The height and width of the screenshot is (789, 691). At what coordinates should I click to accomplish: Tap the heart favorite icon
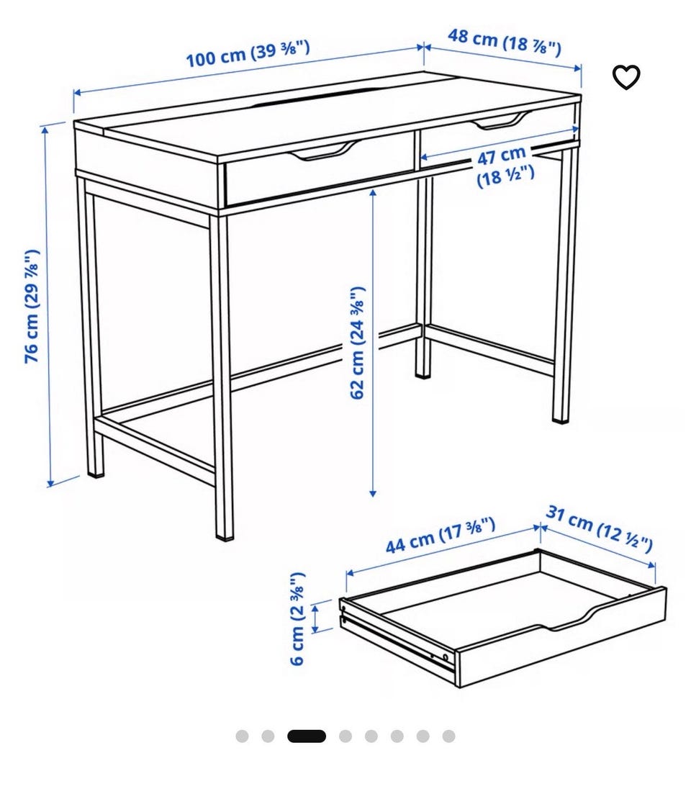pyautogui.click(x=626, y=78)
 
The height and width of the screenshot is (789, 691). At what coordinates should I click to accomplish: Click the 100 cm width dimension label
pyautogui.click(x=248, y=53)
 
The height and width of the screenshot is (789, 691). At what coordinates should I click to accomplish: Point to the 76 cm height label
pyautogui.click(x=32, y=306)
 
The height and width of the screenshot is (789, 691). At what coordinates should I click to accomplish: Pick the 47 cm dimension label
pyautogui.click(x=505, y=166)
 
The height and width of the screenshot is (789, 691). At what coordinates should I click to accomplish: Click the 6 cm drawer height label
pyautogui.click(x=298, y=618)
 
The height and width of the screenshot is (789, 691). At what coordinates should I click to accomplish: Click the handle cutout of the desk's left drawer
pyautogui.click(x=324, y=151)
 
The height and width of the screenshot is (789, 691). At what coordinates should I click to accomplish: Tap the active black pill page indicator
pyautogui.click(x=307, y=736)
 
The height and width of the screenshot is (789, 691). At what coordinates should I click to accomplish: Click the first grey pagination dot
pyautogui.click(x=242, y=736)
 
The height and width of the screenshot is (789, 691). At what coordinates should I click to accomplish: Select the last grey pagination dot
pyautogui.click(x=449, y=736)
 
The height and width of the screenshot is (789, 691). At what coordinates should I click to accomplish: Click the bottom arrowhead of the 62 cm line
pyautogui.click(x=372, y=493)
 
